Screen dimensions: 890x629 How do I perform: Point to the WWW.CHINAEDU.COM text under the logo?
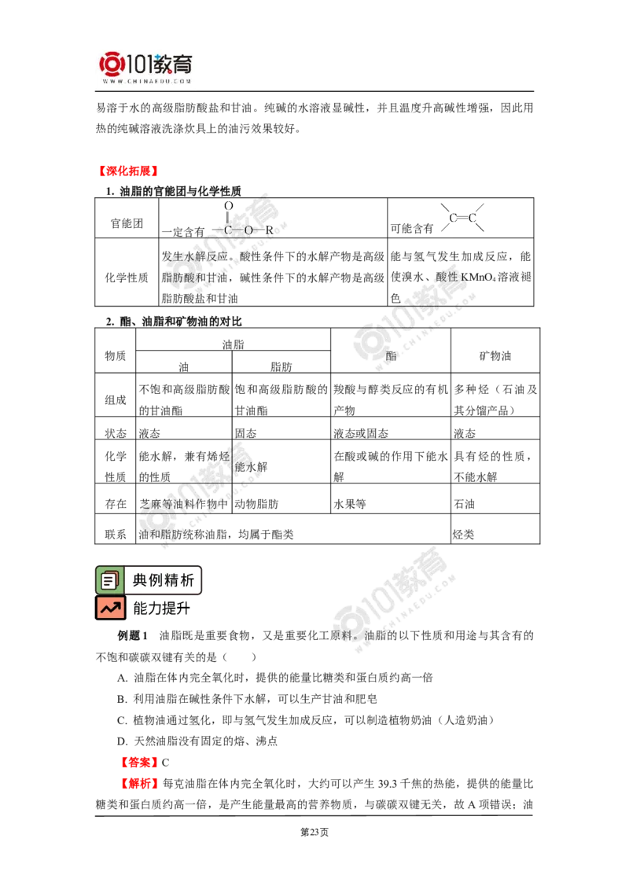[147, 81]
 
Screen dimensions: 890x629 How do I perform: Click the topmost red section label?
[127, 171]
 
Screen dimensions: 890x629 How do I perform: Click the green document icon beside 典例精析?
[109, 580]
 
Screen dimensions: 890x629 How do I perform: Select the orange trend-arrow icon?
[110, 608]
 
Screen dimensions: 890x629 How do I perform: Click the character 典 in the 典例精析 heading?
[140, 581]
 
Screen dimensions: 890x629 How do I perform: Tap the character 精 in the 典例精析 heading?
[171, 581]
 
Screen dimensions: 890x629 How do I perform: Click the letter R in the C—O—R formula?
[269, 230]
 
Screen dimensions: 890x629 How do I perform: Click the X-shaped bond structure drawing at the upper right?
[462, 217]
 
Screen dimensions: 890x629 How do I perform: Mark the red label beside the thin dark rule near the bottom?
[138, 762]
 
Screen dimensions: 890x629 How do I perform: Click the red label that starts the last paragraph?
[141, 784]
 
